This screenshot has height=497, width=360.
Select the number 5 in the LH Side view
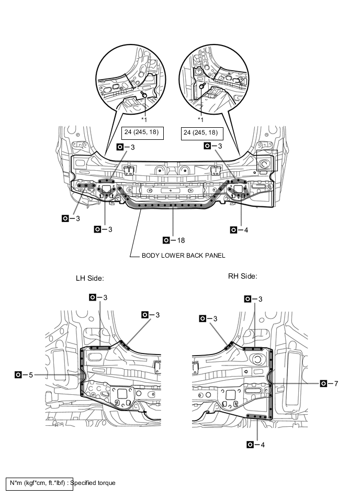pyautogui.click(x=31, y=375)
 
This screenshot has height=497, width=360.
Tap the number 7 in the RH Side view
pyautogui.click(x=336, y=384)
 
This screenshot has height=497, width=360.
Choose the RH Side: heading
pyautogui.click(x=243, y=276)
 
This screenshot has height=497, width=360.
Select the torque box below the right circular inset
pyautogui.click(x=199, y=132)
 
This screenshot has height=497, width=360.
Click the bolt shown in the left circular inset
pyautogui.click(x=143, y=95)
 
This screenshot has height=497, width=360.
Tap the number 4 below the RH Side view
pyautogui.click(x=263, y=445)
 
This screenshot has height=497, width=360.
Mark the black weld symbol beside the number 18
pyautogui.click(x=166, y=240)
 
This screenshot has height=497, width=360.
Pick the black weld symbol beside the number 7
pyautogui.click(x=323, y=384)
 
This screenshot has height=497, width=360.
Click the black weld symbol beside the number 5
pyautogui.click(x=18, y=375)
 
